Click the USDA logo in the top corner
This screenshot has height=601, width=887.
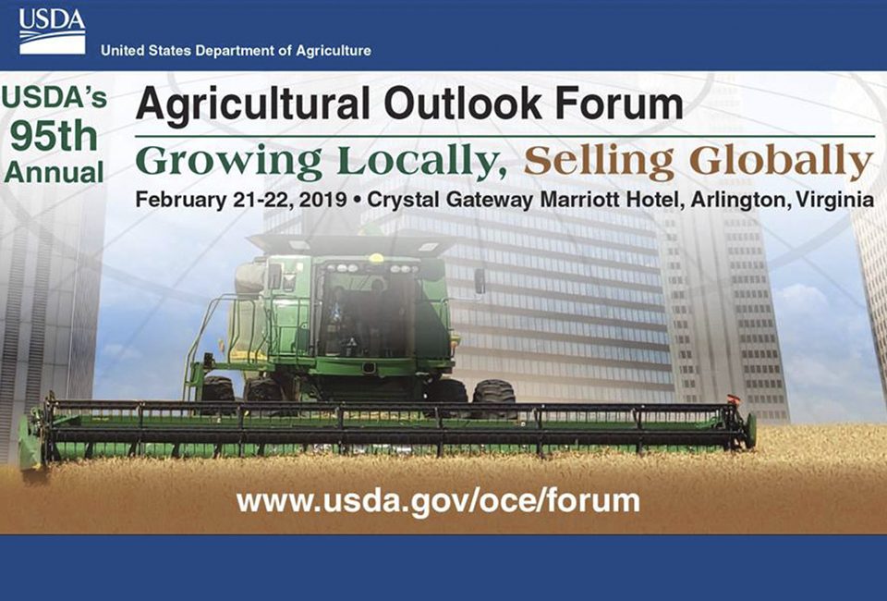(52, 31)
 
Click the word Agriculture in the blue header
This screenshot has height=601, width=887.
(334, 51)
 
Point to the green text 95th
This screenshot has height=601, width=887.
(55, 137)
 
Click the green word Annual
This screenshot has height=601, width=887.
(54, 172)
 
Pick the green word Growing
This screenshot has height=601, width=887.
(229, 163)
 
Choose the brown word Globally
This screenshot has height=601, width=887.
(782, 163)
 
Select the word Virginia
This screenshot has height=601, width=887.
(835, 200)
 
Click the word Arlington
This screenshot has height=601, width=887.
(740, 201)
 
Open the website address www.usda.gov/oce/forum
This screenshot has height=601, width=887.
(438, 501)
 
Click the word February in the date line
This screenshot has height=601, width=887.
(181, 201)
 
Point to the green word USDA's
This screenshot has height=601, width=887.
(55, 97)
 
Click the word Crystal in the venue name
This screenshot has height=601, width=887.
(404, 201)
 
